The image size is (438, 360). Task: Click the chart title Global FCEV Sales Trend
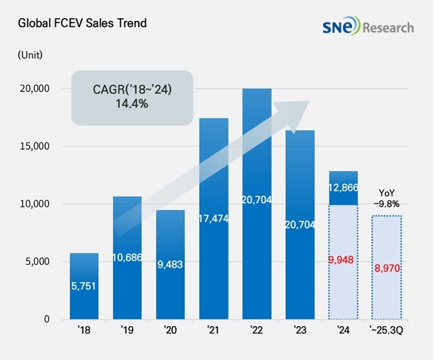pyautogui.click(x=82, y=24)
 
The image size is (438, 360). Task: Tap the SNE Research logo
pyautogui.click(x=369, y=27)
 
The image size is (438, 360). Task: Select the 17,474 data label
pyautogui.click(x=213, y=219)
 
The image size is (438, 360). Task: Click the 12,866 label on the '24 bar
pyautogui.click(x=343, y=187)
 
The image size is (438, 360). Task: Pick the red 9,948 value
pyautogui.click(x=343, y=261)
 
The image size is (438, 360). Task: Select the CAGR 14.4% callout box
pyautogui.click(x=132, y=97)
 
